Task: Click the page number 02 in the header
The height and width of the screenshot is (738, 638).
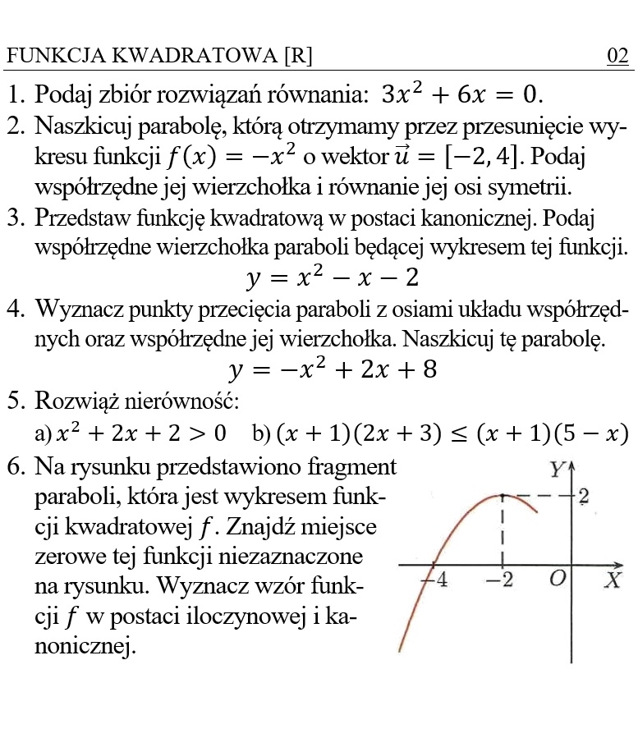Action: pos(617,56)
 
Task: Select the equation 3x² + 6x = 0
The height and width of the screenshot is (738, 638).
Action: pos(461,94)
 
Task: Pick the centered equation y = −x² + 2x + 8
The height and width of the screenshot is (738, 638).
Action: pos(333,370)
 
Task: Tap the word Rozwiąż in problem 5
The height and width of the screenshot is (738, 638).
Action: pos(80,401)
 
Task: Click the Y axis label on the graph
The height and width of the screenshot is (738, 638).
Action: pos(557,470)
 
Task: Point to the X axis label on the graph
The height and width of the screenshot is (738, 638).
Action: pos(613,580)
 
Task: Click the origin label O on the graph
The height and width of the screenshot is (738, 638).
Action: pos(558,579)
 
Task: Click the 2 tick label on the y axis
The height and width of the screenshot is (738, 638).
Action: pos(583,496)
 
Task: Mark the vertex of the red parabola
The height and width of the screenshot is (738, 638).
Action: pos(502,495)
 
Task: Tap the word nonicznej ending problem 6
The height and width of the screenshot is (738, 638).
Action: pos(85,647)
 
